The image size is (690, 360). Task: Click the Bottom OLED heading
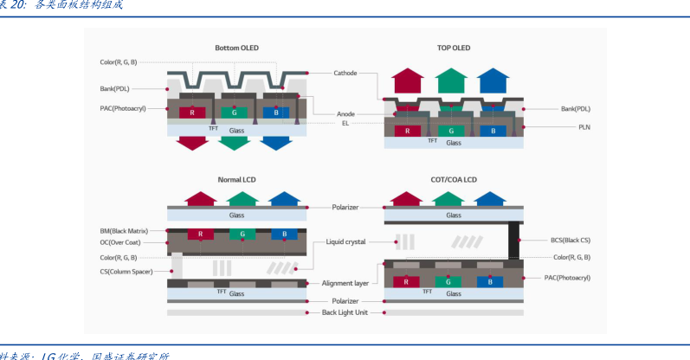(236, 48)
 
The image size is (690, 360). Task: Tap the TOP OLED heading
(454, 48)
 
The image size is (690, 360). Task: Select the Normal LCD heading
(236, 180)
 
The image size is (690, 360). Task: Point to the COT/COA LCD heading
(454, 180)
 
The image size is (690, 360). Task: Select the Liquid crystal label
(345, 241)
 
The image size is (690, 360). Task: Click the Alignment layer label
(345, 283)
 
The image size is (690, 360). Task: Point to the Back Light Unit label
(345, 312)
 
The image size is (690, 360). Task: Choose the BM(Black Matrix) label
(125, 232)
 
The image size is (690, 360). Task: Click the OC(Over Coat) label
(125, 244)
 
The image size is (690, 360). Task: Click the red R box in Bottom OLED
(192, 112)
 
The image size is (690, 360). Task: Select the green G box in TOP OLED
(450, 131)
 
